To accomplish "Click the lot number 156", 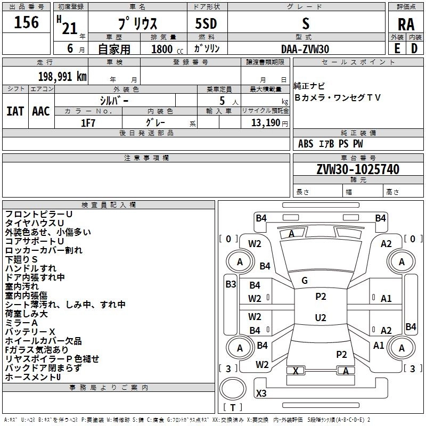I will coord(27,22).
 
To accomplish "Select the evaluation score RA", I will coord(406,24).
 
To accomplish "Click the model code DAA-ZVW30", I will coord(305,48).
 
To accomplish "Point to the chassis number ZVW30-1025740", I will coord(358,169).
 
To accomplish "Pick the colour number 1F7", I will coord(88,122).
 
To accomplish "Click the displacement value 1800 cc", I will coord(162,49).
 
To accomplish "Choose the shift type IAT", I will coord(15,111).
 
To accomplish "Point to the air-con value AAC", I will coord(41,111).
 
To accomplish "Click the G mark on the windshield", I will coord(305,281).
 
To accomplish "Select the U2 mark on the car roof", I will coord(320,318).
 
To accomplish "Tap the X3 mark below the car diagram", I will coord(261,394).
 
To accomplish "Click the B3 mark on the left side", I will coord(231,284).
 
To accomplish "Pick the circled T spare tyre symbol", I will coord(232,408).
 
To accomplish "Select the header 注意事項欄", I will coord(146,158).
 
